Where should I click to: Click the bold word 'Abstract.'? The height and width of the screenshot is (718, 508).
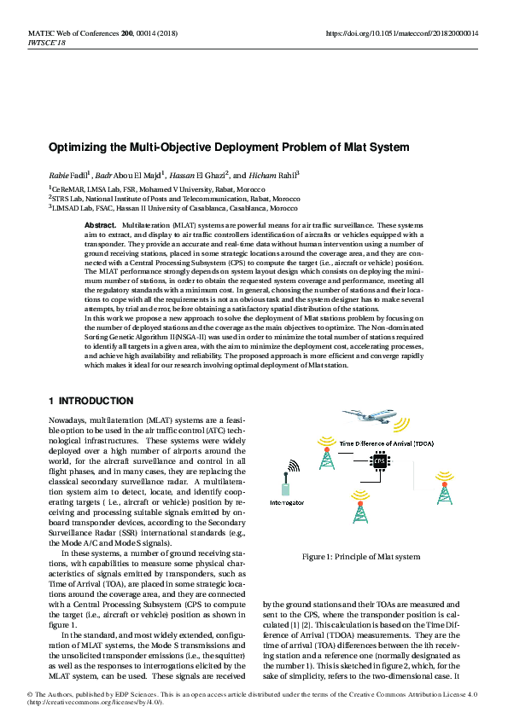click(x=100, y=224)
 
